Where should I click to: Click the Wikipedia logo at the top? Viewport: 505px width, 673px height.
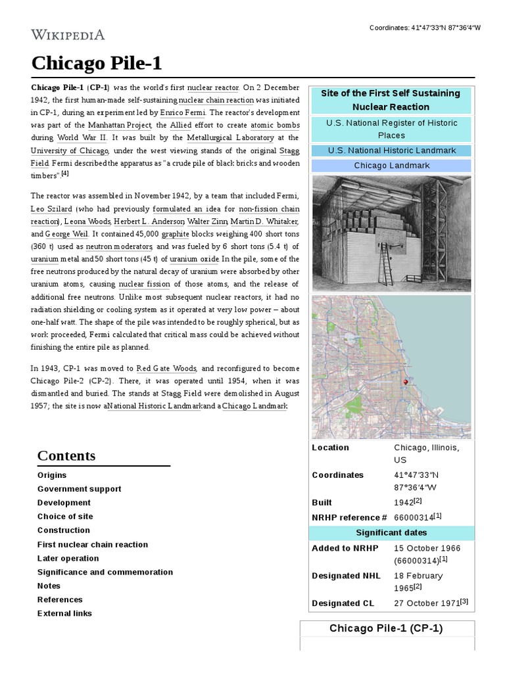68,35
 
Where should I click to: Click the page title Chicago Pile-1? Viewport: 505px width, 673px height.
96,64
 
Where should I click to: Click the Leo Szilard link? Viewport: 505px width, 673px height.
51,209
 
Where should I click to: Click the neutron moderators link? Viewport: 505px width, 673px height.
113,246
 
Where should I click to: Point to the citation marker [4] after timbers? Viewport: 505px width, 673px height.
65,174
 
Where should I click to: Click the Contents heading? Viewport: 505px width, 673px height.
66,455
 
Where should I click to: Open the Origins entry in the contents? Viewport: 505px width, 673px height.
52,475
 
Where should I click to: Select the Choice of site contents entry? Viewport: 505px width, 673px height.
65,517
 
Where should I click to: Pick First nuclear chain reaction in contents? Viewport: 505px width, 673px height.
93,544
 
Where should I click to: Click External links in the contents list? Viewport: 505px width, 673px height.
64,613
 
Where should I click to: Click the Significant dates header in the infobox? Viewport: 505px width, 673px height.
391,533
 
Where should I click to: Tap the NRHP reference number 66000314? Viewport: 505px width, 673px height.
413,517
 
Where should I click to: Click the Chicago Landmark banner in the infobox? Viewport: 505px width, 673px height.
391,166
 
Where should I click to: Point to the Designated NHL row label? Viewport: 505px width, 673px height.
346,576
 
